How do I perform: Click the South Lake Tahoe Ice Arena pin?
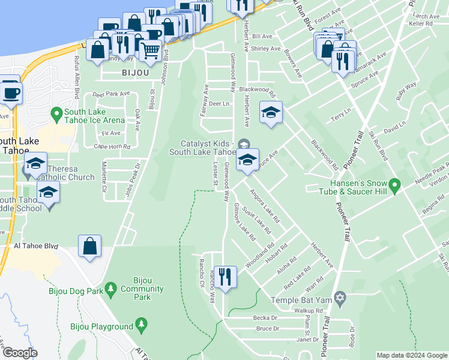pos(56,113)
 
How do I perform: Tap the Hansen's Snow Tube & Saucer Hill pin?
pos(394,187)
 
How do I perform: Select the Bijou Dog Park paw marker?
pos(111,290)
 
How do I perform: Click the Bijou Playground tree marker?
pos(142,326)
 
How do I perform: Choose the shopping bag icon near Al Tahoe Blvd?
pos(89,246)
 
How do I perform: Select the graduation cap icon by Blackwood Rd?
pos(271,112)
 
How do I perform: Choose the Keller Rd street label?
pos(420,24)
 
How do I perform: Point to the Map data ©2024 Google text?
pos(412,355)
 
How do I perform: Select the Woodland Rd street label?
pos(259,254)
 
